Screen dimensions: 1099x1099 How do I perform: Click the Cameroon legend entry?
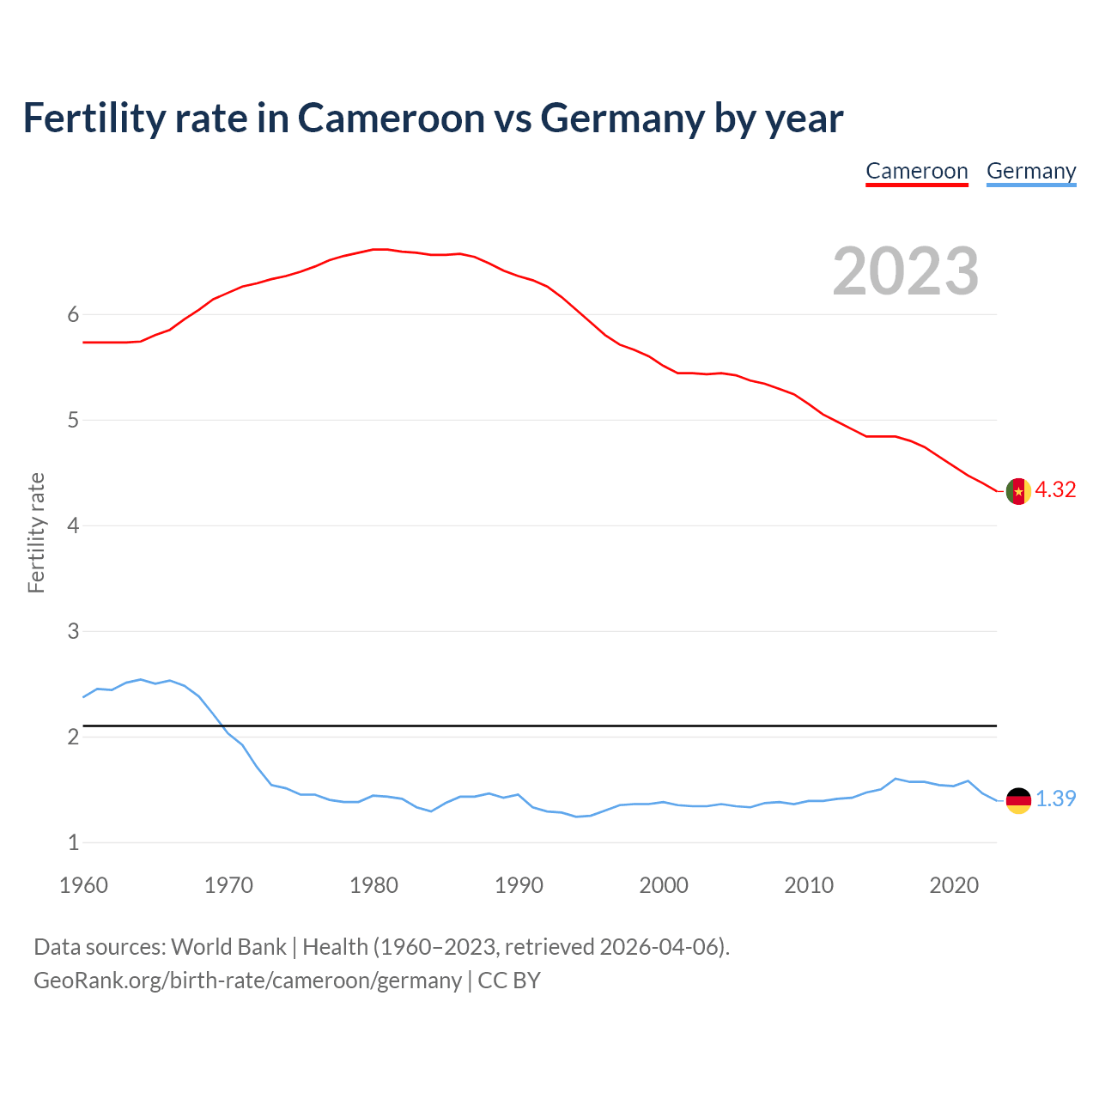916,171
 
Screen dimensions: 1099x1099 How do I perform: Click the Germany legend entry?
1030,171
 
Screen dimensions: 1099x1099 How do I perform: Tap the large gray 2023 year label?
905,271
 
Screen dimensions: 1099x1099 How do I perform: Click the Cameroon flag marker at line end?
1018,491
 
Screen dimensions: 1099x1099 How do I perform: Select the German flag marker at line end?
1018,800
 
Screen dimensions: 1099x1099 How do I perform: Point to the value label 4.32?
1055,489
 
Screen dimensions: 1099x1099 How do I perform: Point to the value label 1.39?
1055,798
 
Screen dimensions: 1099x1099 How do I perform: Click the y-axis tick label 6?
73,314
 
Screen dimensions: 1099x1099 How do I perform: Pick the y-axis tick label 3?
73,631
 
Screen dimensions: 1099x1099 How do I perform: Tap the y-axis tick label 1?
73,842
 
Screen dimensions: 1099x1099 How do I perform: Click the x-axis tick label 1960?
83,885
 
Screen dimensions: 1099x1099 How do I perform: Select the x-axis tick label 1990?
519,885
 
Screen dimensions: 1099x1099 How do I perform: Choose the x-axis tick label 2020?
954,885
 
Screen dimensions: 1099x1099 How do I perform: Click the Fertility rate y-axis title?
36,532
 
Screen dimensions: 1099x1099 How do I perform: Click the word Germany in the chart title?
622,118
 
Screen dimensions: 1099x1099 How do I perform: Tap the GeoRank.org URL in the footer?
247,981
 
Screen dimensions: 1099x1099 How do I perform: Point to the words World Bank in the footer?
228,947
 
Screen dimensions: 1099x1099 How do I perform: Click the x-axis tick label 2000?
664,885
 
